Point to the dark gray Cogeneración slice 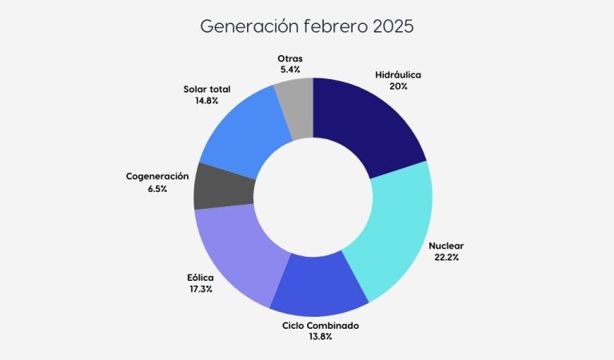[x=223, y=186]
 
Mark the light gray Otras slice [x=295, y=107]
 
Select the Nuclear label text [x=446, y=246]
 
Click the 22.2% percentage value [x=446, y=257]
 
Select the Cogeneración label [x=157, y=176]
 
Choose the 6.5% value [x=157, y=187]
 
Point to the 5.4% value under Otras [x=289, y=70]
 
